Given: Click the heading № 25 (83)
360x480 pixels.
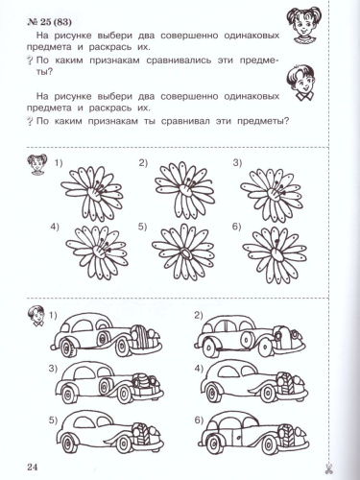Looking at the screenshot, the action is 49,22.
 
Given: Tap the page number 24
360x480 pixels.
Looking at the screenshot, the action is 33,467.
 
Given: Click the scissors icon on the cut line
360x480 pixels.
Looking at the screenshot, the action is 328,468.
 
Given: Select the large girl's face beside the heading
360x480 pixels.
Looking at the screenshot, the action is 301,25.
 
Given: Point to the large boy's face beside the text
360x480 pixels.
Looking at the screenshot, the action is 302,84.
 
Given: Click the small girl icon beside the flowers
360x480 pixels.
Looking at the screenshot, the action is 37,164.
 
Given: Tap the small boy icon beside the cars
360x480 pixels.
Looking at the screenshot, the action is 36,316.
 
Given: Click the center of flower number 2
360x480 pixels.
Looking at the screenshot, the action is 184,189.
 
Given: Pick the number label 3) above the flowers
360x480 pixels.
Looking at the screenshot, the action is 237,163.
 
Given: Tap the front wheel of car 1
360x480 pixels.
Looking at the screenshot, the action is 122,347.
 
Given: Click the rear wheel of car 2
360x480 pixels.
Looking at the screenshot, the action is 210,348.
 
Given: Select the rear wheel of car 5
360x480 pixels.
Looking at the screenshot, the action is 68,443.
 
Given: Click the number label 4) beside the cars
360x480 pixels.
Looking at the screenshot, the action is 199,369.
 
